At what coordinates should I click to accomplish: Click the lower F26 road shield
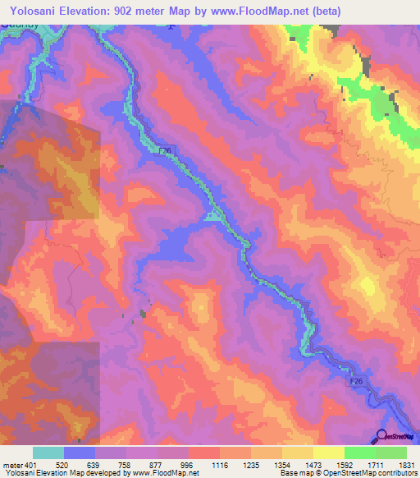coord(354,383)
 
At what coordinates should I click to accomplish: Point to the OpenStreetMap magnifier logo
coord(381,436)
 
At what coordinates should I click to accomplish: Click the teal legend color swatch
coord(48,453)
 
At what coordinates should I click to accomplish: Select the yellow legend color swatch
coord(328,453)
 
